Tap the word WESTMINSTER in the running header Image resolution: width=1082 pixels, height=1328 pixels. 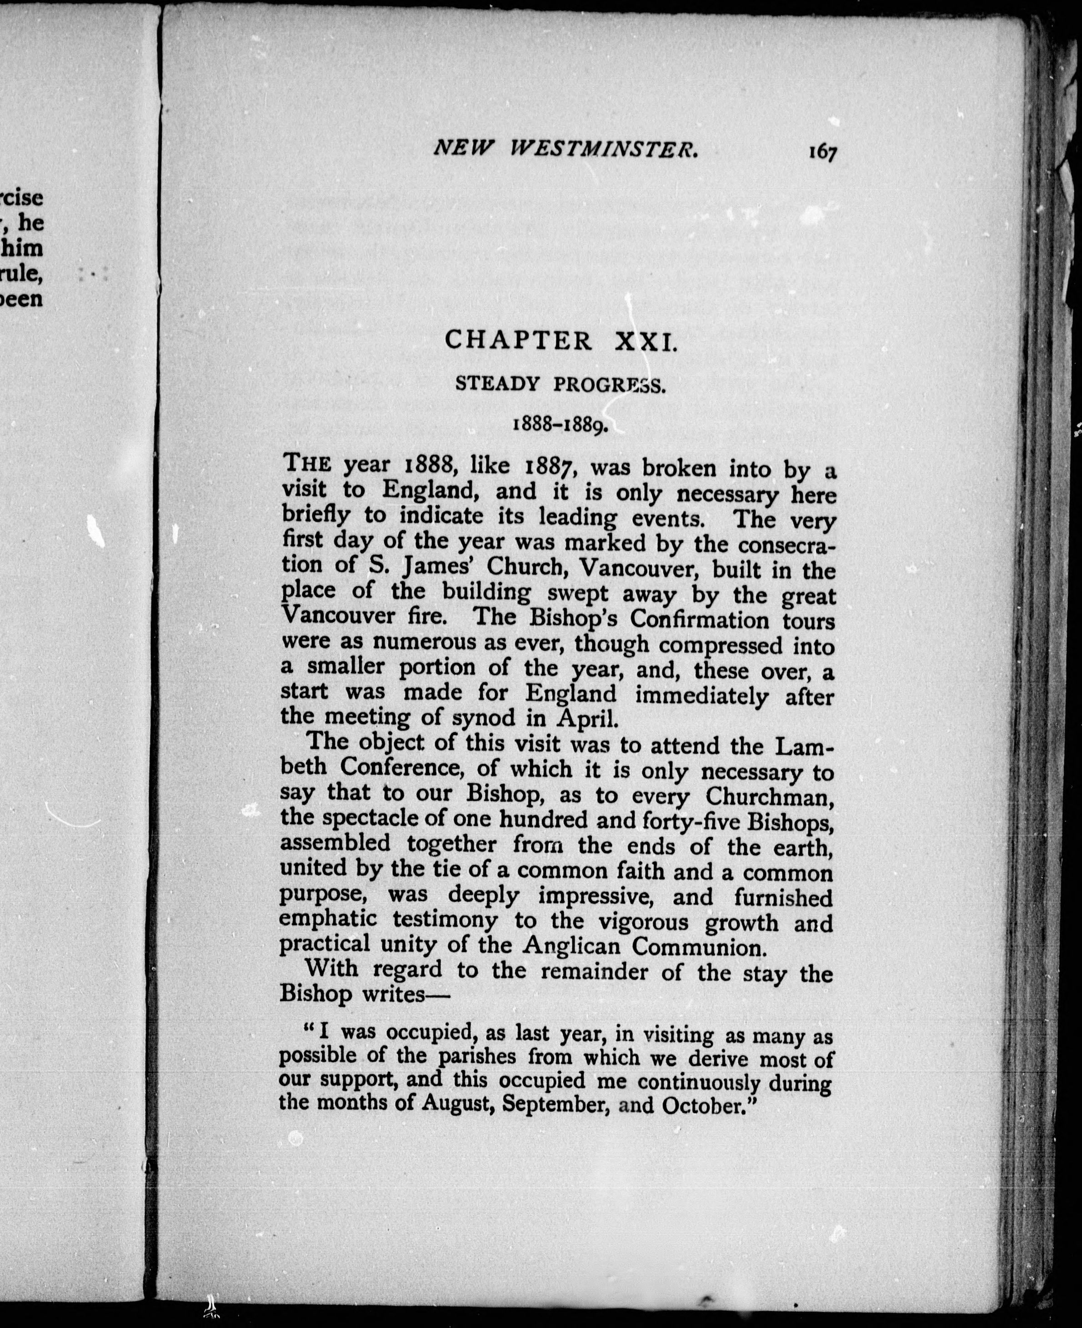[x=603, y=148]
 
